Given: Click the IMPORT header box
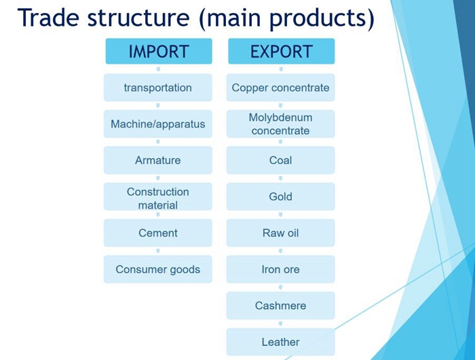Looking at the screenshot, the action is point(159,51).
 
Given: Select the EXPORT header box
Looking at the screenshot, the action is point(282,51).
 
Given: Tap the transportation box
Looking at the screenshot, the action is point(158,88).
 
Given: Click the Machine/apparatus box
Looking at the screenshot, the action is point(158,124).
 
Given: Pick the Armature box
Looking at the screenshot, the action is point(158,160).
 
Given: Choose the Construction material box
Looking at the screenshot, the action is point(158,196).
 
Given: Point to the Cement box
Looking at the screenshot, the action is point(158,233).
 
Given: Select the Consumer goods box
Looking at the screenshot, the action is point(158,269).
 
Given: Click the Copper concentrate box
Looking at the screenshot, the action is point(280,88).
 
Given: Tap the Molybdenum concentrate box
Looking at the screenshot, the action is point(280,124).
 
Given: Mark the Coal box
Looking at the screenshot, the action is point(280,160).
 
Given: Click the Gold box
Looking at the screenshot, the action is point(280,196).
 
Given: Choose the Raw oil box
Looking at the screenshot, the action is point(280,233).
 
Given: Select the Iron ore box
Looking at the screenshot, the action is point(280,269).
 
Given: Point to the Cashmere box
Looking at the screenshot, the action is point(280,306).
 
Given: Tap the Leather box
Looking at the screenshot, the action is point(280,342).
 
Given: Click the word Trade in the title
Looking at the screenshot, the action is point(49,17).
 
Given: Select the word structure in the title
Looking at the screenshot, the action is point(138,18).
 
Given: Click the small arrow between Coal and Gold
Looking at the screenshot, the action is point(280,179).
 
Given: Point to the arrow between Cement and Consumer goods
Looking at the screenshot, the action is point(158,251).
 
